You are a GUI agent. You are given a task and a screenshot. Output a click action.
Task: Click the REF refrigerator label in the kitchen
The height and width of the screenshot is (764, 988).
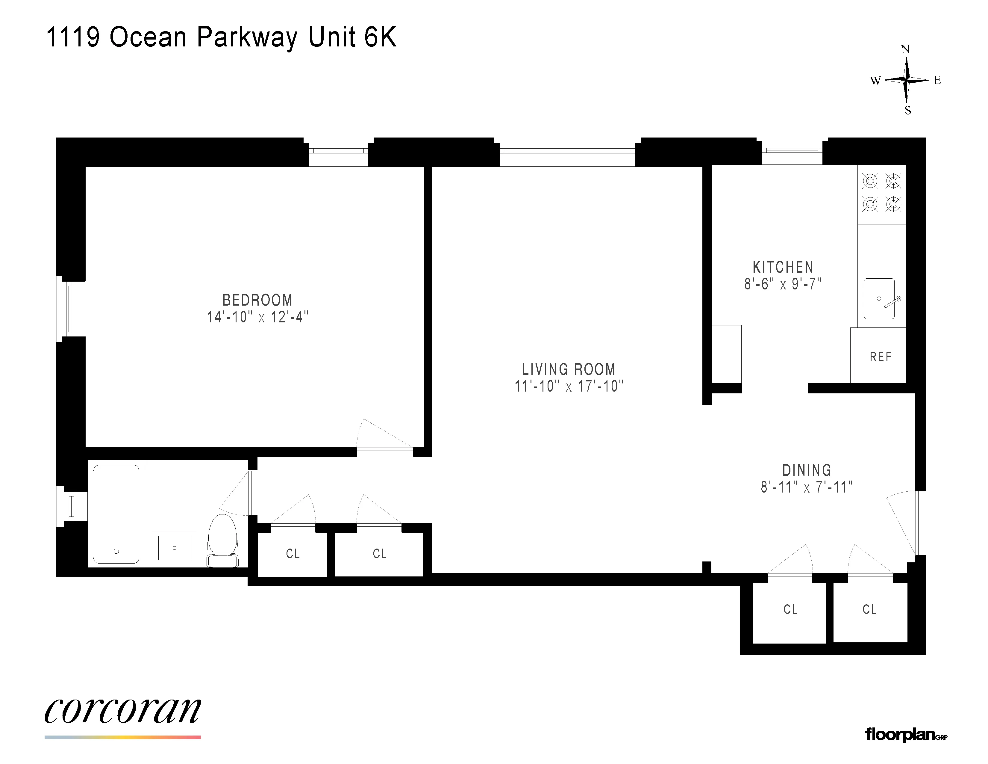tap(880, 357)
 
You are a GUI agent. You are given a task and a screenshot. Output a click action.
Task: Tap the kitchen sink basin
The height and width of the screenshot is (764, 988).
tap(879, 299)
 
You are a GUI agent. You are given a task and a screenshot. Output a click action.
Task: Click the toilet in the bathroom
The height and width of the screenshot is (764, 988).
tap(222, 540)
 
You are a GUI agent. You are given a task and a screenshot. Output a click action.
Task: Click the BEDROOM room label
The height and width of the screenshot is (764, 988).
tap(257, 300)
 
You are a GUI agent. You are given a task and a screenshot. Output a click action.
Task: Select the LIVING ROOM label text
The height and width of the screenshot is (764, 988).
tap(569, 369)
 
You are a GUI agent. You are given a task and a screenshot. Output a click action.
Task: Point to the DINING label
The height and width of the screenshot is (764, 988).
tap(807, 470)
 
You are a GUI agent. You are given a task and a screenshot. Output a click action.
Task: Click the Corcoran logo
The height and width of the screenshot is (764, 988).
tap(122, 711)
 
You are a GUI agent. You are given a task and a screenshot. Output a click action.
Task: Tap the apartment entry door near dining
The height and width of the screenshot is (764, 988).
tap(902, 523)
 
